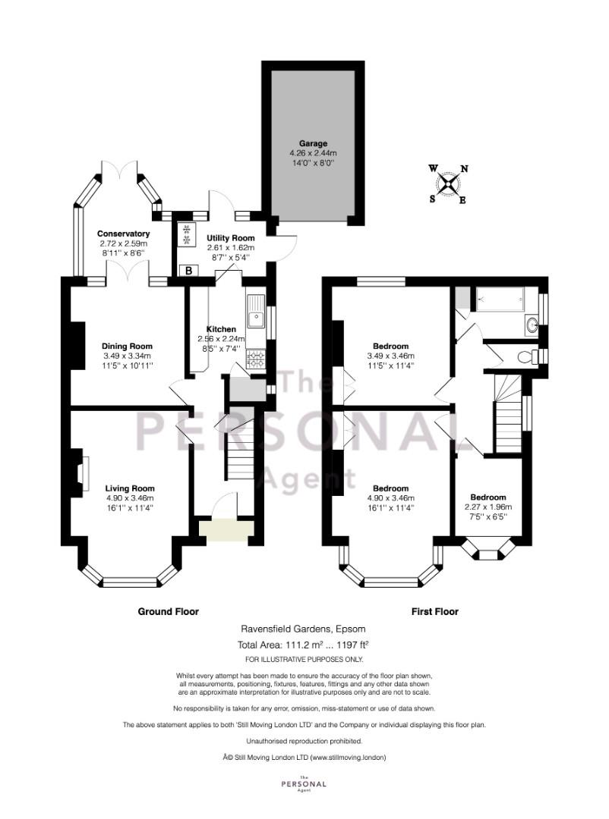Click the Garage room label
313,143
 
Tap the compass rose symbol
448,184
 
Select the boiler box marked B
188,271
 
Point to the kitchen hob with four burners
255,359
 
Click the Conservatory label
124,234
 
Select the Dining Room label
127,347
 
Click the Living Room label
130,489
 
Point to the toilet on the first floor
529,357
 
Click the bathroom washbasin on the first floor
532,325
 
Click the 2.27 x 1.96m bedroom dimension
488,507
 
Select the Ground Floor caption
169,612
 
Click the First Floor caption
435,612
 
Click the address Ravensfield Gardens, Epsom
304,629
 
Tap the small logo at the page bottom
304,783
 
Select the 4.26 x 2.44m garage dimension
313,153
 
